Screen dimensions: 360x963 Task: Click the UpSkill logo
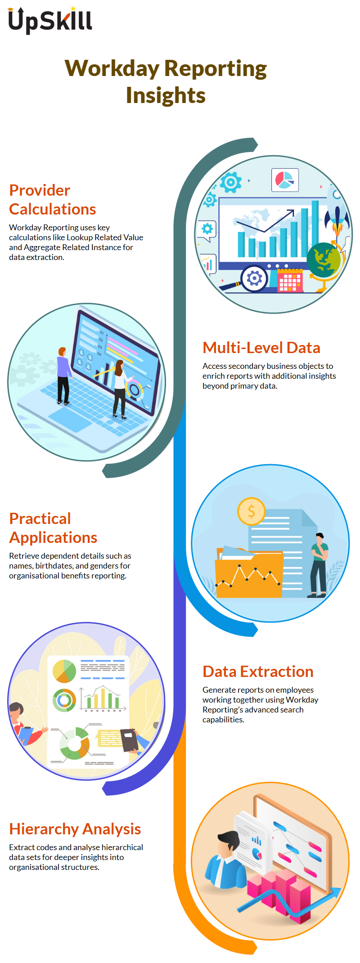click(50, 20)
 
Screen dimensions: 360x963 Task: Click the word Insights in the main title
click(166, 95)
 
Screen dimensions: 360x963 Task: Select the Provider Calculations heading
click(53, 200)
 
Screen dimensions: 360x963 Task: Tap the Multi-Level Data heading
click(261, 348)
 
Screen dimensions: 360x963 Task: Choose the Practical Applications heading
click(53, 528)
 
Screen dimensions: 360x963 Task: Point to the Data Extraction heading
click(258, 672)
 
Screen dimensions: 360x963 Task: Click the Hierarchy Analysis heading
click(75, 829)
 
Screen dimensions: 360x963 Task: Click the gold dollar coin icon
click(252, 511)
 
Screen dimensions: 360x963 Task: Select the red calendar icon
click(289, 280)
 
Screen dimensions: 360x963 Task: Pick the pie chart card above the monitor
click(285, 179)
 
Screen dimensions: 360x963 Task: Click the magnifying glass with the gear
click(250, 279)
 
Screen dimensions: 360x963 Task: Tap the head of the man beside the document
click(319, 537)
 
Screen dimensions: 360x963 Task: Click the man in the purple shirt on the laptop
click(63, 376)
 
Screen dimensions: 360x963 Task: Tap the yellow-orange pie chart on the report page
click(64, 671)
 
